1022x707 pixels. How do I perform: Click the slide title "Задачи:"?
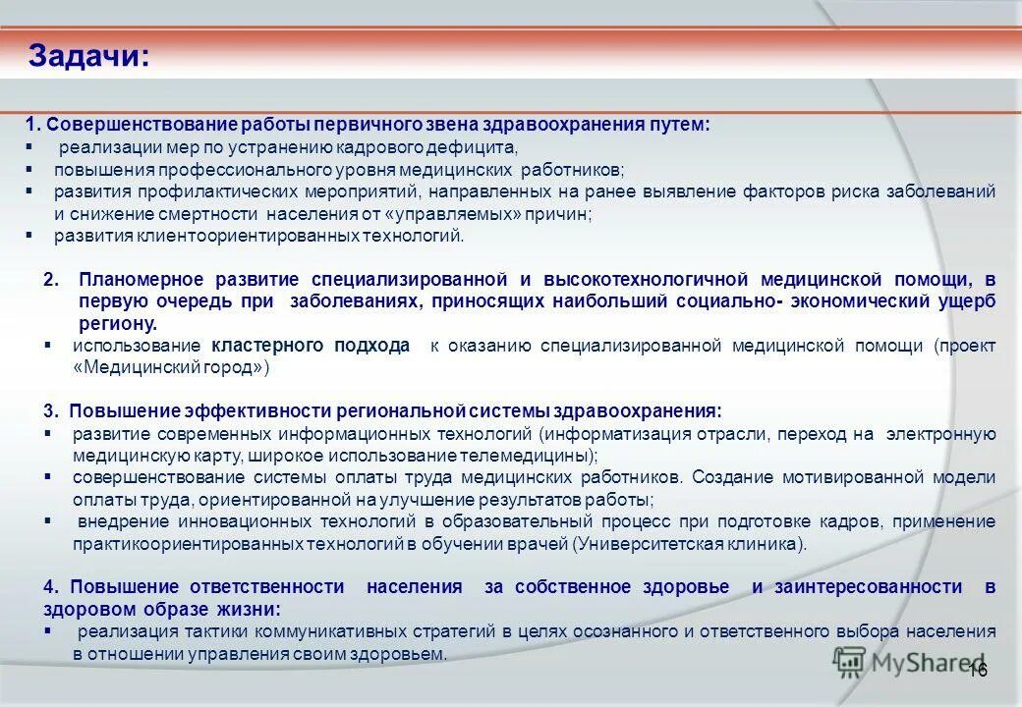[89, 55]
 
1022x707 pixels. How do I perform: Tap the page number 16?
[977, 670]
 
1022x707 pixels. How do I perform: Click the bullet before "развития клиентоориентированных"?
[29, 236]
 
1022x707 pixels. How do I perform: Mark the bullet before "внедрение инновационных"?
[48, 520]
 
